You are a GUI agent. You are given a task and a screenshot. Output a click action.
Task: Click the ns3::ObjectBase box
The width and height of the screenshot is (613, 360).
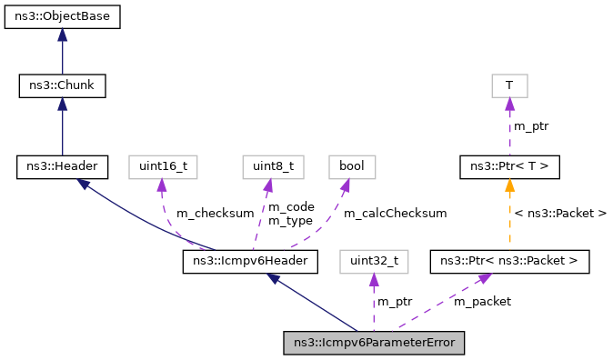[x=62, y=17]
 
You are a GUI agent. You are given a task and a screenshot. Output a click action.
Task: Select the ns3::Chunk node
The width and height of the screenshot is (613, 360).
[x=62, y=86]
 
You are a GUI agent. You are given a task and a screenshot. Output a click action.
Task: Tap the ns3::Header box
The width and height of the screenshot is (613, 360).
[x=62, y=166]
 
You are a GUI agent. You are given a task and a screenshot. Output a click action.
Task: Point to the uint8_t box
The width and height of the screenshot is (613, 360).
[x=266, y=166]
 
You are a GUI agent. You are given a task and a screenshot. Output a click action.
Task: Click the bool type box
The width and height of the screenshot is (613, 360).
[x=351, y=166]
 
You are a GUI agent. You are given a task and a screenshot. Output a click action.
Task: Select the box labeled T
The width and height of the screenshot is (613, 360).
[x=509, y=86]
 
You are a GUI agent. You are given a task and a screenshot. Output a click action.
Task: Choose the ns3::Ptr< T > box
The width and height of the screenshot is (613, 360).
[x=509, y=166]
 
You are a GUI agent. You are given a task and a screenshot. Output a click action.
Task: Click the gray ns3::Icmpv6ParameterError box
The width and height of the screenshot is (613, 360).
[x=374, y=343]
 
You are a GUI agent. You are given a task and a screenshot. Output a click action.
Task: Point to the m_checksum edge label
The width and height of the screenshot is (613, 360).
[x=215, y=214]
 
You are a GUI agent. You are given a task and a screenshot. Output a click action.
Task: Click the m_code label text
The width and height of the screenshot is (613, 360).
[x=290, y=207]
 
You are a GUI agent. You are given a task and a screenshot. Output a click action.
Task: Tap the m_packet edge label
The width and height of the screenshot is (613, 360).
[x=483, y=301]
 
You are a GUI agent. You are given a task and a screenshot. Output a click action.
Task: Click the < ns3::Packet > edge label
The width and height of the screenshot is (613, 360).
[x=561, y=214]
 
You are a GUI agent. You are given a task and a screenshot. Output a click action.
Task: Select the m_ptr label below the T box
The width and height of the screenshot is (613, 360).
[x=531, y=126]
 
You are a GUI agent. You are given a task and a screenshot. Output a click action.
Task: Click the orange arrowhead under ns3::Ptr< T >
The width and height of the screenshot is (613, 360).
[x=509, y=185]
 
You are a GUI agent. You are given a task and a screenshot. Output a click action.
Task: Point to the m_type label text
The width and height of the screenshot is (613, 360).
[x=290, y=221]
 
